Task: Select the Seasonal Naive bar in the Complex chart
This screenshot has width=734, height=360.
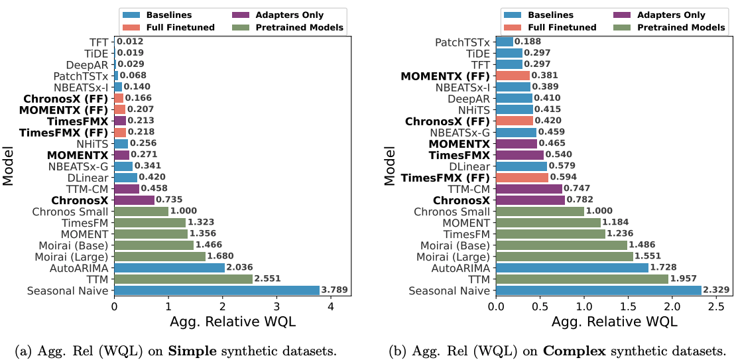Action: pyautogui.click(x=597, y=290)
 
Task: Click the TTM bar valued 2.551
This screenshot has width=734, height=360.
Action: pyautogui.click(x=183, y=278)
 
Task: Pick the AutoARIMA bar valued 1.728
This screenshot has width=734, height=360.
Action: pyautogui.click(x=571, y=267)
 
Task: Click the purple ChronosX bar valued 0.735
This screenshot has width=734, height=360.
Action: pyautogui.click(x=134, y=200)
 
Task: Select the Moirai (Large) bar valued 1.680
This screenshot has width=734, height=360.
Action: pyautogui.click(x=159, y=256)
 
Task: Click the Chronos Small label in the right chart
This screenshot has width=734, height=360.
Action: pyautogui.click(x=452, y=211)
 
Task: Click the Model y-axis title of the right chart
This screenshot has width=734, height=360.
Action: pyautogui.click(x=391, y=166)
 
